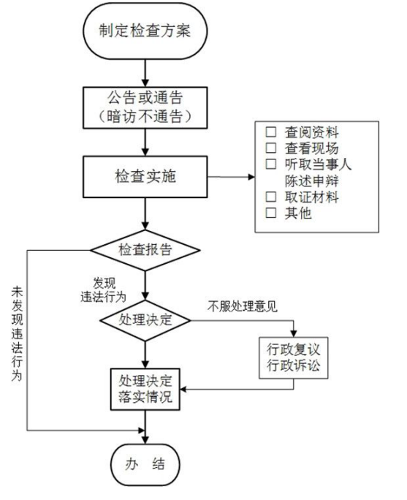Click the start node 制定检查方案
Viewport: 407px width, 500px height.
(x=148, y=32)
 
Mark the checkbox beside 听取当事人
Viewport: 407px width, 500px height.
(x=271, y=164)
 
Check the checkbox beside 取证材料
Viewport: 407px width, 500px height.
(x=271, y=197)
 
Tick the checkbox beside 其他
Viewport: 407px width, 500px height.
(x=271, y=213)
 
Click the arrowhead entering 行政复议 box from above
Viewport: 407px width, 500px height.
(x=294, y=330)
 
